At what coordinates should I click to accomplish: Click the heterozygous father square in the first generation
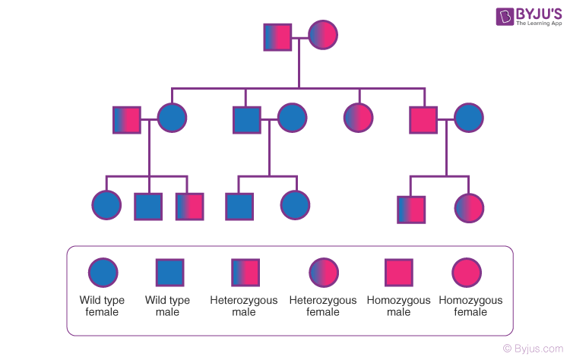(x=278, y=36)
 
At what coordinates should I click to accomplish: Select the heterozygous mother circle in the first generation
(x=323, y=36)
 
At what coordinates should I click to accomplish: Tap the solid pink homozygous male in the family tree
(x=423, y=118)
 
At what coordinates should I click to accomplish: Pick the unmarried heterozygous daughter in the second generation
(x=358, y=118)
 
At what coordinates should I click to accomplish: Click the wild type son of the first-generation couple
(x=246, y=118)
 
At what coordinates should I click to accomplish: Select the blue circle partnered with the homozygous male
(x=468, y=118)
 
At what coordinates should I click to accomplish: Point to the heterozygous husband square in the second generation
(x=127, y=118)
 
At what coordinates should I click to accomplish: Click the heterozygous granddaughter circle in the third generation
(x=469, y=208)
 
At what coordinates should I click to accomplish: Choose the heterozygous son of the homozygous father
(x=411, y=209)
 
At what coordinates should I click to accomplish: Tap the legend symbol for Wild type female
(x=103, y=273)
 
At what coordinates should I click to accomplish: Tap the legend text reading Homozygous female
(x=470, y=306)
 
